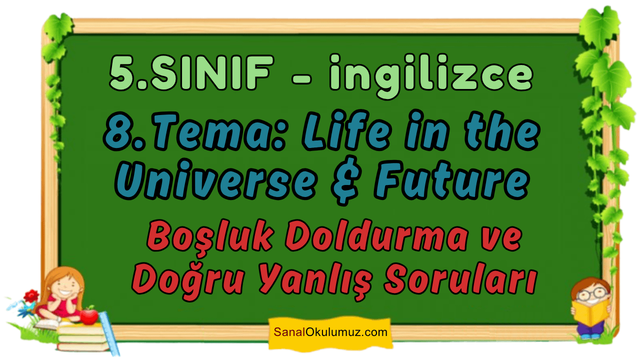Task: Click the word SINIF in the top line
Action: click(x=211, y=73)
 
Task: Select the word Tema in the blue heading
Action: click(x=218, y=132)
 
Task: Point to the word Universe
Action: click(x=216, y=180)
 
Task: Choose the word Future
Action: click(x=452, y=180)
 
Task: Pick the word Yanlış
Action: click(x=315, y=280)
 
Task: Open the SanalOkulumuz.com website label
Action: click(x=330, y=332)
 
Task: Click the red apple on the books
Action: click(x=89, y=315)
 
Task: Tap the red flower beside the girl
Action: click(x=31, y=296)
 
